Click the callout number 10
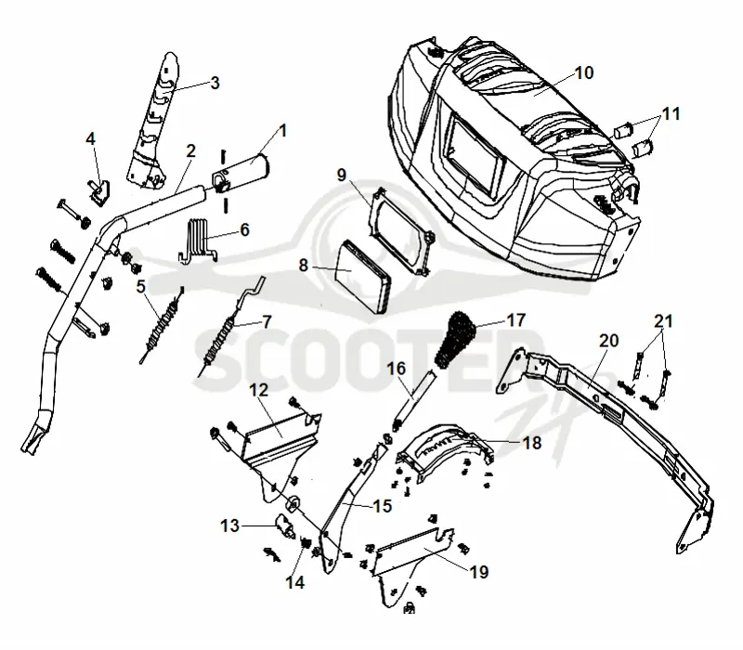(x=584, y=73)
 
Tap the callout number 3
(x=215, y=83)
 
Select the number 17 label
(x=516, y=320)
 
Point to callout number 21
(x=663, y=321)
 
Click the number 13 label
(x=229, y=526)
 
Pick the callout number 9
(x=342, y=175)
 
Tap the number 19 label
(x=479, y=572)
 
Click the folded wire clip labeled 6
(x=196, y=240)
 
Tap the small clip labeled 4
(x=99, y=192)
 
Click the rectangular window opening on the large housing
(x=476, y=155)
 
